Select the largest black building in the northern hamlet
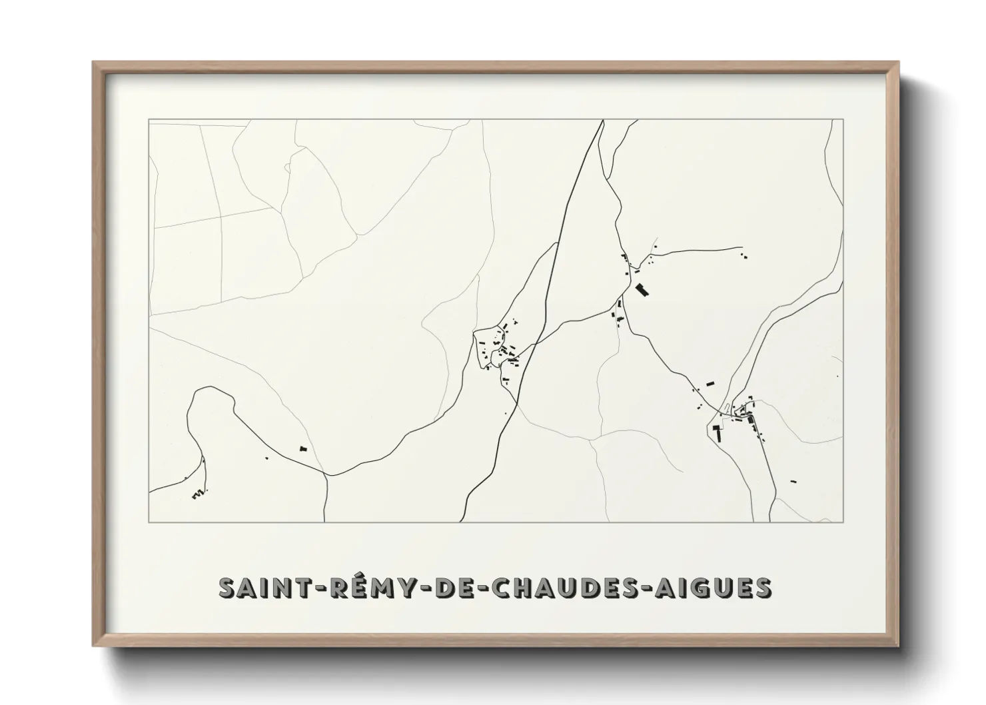[x=642, y=290]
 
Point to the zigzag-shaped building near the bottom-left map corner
[x=197, y=494]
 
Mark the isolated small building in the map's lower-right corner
[x=793, y=480]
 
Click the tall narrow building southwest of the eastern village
[x=719, y=433]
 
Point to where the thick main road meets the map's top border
[x=602, y=121]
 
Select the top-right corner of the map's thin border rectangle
[x=843, y=120]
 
